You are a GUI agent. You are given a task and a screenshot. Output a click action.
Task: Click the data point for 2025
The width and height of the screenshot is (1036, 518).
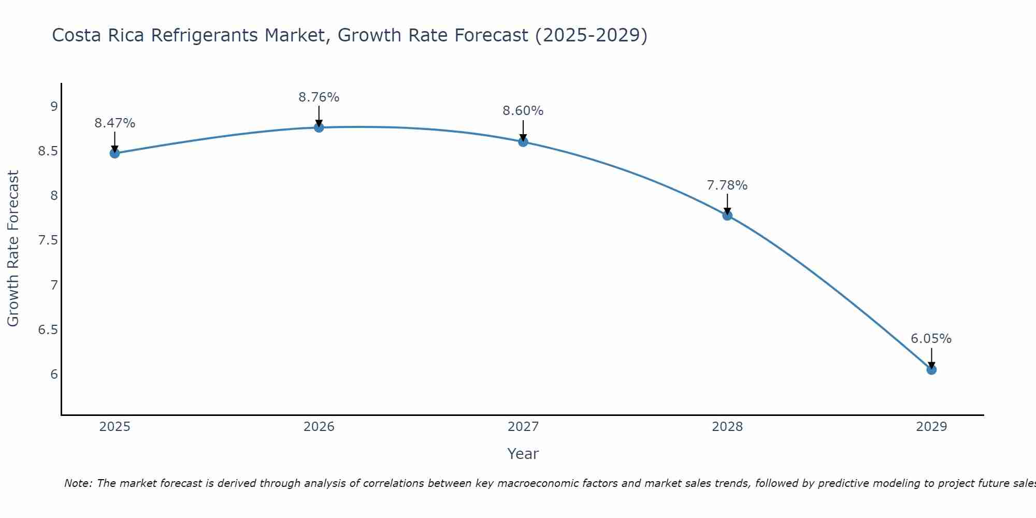(115, 153)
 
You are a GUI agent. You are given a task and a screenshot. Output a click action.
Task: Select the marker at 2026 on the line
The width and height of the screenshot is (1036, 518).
(319, 127)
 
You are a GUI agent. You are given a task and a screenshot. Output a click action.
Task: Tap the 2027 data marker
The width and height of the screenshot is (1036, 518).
(523, 142)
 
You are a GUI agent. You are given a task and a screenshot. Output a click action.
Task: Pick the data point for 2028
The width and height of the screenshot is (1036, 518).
(727, 215)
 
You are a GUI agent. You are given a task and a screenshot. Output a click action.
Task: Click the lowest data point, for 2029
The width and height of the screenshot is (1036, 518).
(931, 370)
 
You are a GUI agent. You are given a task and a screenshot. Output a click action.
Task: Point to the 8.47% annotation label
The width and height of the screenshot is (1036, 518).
(115, 123)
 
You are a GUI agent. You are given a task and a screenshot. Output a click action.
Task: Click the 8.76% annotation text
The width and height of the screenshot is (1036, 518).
(319, 97)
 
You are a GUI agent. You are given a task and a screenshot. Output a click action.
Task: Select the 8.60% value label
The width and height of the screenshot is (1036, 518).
(523, 111)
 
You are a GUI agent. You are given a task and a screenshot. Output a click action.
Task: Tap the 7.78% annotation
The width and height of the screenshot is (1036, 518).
(727, 185)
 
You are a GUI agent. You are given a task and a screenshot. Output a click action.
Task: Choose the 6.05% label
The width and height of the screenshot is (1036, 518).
(931, 339)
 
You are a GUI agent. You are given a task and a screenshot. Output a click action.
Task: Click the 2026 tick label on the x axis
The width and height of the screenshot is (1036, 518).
(319, 427)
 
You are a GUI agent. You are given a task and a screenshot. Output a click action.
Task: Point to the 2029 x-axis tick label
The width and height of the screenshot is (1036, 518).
(931, 427)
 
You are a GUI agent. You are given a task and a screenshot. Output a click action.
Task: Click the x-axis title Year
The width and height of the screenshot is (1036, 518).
(523, 454)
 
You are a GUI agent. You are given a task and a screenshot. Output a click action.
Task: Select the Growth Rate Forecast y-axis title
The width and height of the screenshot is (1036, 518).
(13, 249)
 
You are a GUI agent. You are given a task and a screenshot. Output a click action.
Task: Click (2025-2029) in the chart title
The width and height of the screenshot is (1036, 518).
(591, 35)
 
